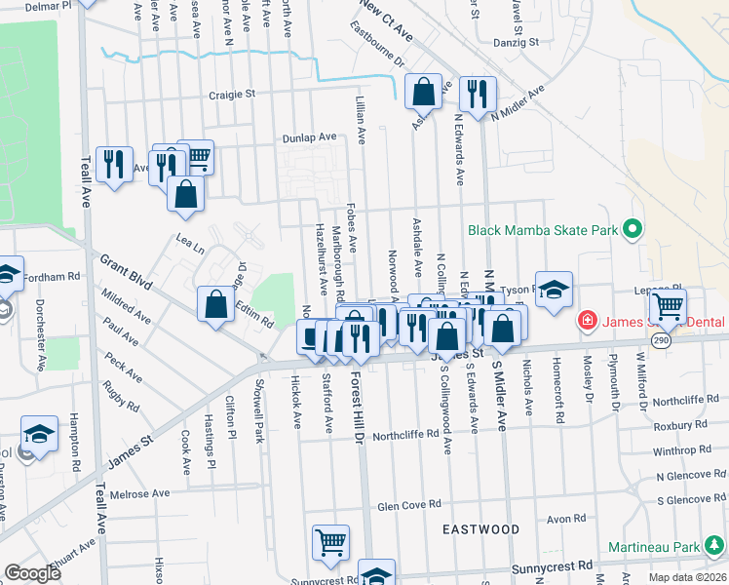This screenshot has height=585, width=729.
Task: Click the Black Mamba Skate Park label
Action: click(543, 230)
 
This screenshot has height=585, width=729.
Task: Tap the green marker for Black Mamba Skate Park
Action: click(632, 230)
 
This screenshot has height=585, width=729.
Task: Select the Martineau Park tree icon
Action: click(717, 545)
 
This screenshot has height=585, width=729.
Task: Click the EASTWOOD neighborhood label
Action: click(480, 529)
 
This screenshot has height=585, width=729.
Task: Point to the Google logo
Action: click(33, 573)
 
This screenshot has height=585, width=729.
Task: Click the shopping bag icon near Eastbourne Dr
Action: click(424, 93)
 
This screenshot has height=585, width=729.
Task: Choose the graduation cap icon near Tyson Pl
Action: click(554, 290)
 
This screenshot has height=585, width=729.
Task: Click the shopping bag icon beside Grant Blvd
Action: click(215, 304)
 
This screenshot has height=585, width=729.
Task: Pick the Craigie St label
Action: click(232, 95)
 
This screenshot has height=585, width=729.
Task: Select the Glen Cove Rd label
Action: click(408, 505)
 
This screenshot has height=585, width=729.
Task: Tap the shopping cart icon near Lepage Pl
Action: click(668, 306)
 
